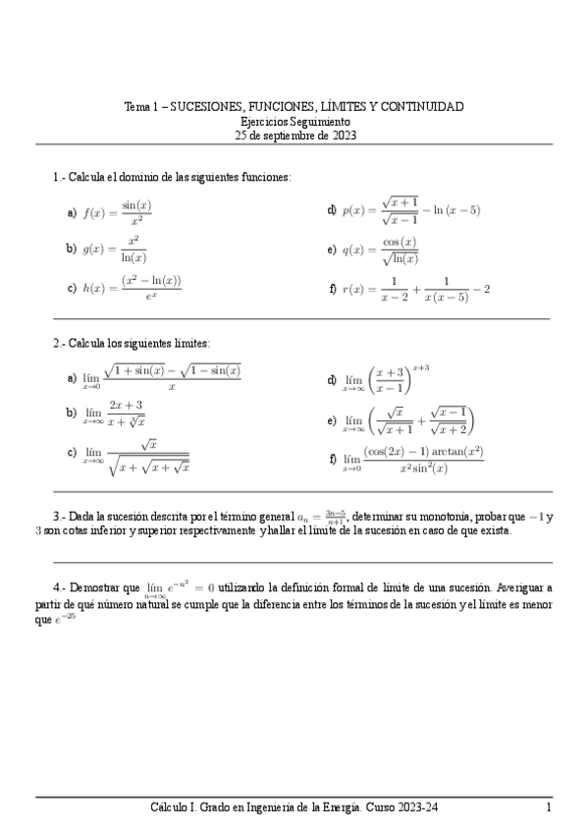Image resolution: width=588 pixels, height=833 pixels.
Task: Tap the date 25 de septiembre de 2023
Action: (x=295, y=136)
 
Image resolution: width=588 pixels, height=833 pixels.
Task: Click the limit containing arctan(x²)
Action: (x=412, y=459)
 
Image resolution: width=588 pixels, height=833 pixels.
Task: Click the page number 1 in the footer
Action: (x=549, y=806)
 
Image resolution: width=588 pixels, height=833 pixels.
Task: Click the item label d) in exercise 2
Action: (x=333, y=379)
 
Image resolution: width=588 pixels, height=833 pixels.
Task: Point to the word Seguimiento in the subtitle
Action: (x=316, y=121)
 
